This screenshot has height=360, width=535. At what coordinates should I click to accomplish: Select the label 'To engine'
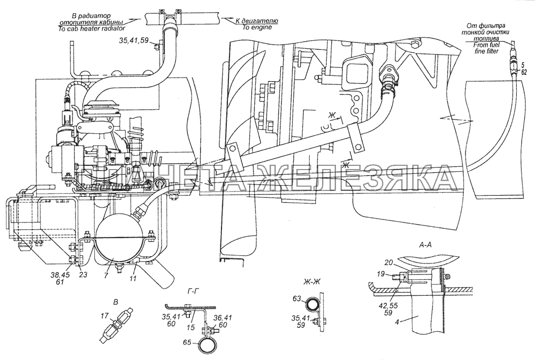coord(257,27)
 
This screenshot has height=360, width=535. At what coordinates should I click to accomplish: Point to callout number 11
coord(133,279)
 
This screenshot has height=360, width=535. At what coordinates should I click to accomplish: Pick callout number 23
coord(83,275)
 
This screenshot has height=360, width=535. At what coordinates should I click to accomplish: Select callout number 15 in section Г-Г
coord(191,327)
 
